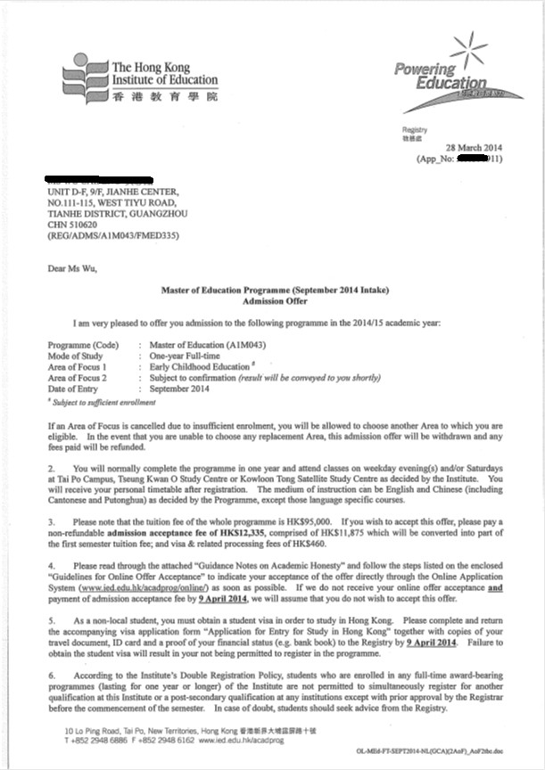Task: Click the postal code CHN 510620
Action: pyautogui.click(x=75, y=225)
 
